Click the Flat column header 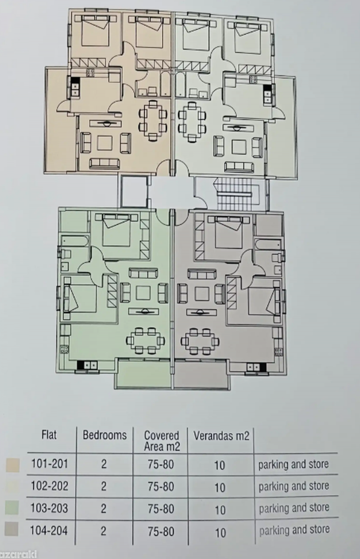[x=49, y=435]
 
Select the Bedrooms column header [x=105, y=435]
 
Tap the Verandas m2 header [x=221, y=436]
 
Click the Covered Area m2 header [x=162, y=441]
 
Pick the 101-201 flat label [x=49, y=464]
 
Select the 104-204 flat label [x=49, y=531]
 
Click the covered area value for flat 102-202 [x=161, y=486]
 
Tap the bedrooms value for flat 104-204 [x=103, y=531]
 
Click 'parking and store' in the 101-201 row [x=293, y=465]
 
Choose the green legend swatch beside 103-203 [x=12, y=507]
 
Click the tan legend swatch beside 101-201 [x=13, y=465]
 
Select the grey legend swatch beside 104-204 [x=11, y=529]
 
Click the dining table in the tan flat [x=153, y=121]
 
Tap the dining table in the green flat [x=145, y=341]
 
